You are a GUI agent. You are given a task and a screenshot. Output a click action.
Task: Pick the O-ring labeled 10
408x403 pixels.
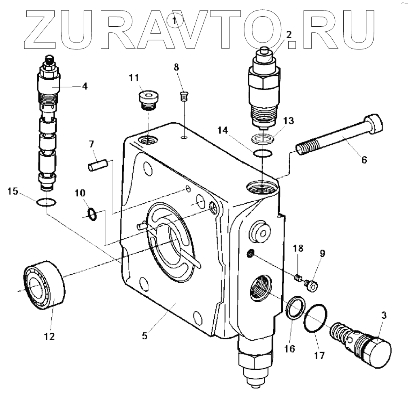point(92,213)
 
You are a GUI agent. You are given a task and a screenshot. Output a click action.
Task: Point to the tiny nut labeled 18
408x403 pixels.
point(299,277)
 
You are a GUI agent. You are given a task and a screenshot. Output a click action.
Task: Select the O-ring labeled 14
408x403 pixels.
point(262,154)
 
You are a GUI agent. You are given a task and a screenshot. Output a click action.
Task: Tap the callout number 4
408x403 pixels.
point(84,86)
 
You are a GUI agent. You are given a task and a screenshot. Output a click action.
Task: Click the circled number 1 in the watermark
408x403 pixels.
point(175,19)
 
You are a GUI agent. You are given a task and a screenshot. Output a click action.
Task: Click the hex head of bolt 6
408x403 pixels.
point(373,123)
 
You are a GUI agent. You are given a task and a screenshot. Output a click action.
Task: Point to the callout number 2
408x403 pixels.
point(289,35)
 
